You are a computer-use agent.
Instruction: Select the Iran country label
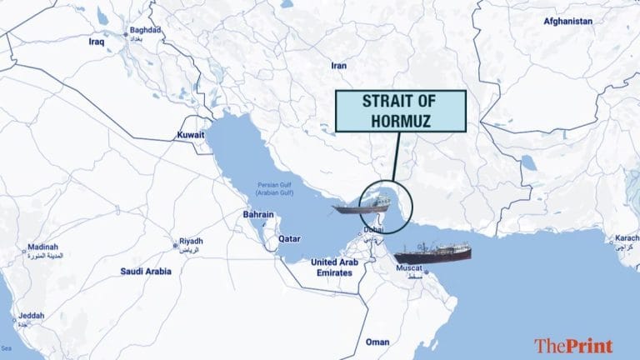(338, 64)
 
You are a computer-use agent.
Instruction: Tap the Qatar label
(288, 237)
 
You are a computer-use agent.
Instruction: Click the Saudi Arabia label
(146, 271)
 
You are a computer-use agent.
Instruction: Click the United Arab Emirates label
(335, 267)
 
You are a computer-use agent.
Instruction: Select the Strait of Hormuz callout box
(402, 111)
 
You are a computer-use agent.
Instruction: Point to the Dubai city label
(372, 228)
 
